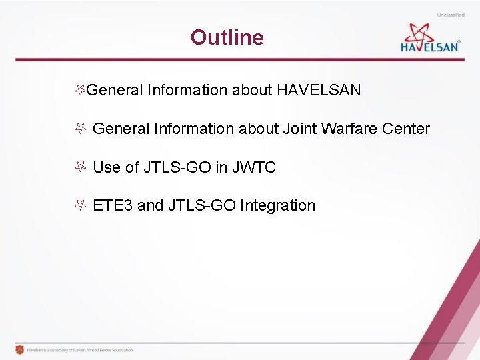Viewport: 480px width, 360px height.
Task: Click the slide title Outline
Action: coord(227,37)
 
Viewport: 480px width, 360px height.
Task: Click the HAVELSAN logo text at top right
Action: coord(429,47)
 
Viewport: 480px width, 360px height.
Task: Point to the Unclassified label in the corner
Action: coord(451,15)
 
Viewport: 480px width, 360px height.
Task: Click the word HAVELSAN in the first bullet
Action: coord(318,90)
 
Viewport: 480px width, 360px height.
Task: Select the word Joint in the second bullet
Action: coord(300,129)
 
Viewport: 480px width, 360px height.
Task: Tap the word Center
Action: coord(406,129)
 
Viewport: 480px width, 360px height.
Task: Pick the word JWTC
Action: coord(253,167)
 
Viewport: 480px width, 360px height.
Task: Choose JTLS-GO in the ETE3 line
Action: coord(202,205)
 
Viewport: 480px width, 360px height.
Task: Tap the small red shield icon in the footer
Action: coord(19,350)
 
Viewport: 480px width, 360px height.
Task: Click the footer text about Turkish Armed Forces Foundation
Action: coord(80,350)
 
